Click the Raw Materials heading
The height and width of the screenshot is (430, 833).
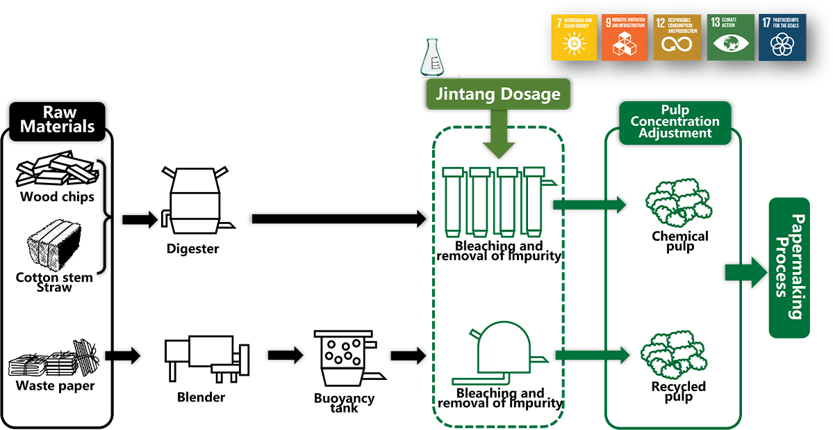click(x=57, y=120)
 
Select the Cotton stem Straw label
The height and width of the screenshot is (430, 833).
click(x=54, y=282)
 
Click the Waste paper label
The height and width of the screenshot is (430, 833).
click(x=56, y=385)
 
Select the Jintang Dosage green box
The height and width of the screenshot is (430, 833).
click(x=497, y=95)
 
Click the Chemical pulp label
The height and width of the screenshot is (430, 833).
click(x=679, y=241)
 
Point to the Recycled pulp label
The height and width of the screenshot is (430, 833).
click(x=678, y=391)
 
